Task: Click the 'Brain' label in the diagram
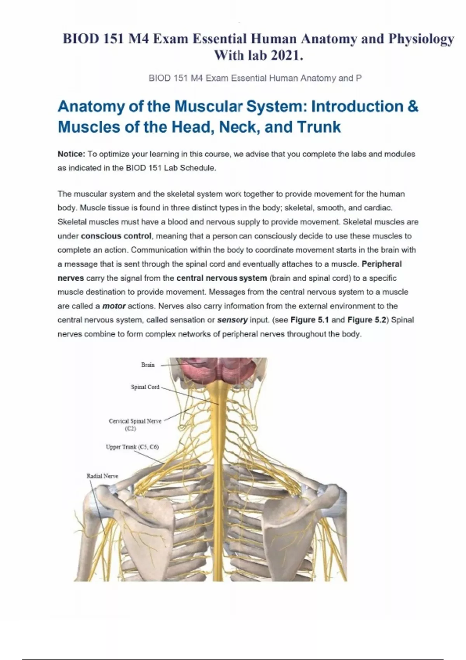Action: (x=148, y=365)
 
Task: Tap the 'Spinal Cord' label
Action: (x=145, y=387)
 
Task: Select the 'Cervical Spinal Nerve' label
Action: (x=135, y=421)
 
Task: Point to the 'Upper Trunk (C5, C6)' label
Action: (x=132, y=447)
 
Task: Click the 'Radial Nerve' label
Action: (x=102, y=476)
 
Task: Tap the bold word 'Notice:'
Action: (x=71, y=154)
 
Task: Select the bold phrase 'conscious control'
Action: (x=116, y=236)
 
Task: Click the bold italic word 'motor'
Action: (x=114, y=306)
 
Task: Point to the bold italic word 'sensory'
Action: (x=232, y=320)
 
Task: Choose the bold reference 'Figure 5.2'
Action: (x=367, y=320)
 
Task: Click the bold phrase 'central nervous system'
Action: (x=221, y=278)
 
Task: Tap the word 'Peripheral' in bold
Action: (x=381, y=264)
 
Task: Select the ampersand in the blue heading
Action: (x=413, y=106)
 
